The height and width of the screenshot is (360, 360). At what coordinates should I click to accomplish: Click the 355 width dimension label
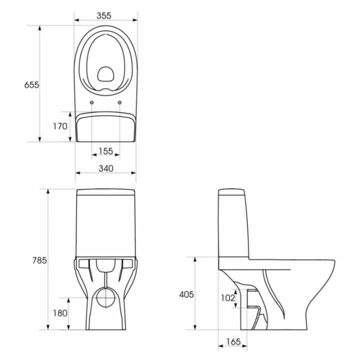[x=104, y=15]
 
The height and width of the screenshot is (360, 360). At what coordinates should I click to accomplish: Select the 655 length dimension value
[x=31, y=85]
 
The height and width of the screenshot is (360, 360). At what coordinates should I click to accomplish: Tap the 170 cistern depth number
[x=60, y=126]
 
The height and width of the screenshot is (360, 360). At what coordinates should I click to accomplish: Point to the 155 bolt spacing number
[x=106, y=151]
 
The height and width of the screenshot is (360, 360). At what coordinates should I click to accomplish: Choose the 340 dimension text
[x=106, y=168]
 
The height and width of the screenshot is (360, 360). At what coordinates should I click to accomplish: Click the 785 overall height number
[x=39, y=260]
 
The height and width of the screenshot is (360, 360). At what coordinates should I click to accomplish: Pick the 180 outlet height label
[x=60, y=313]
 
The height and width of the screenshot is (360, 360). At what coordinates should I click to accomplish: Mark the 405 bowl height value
[x=186, y=294]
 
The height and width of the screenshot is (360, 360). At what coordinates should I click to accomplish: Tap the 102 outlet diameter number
[x=228, y=298]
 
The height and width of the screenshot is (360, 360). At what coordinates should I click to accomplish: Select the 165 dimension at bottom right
[x=233, y=341]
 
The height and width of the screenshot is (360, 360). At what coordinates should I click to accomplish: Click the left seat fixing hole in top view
[x=92, y=102]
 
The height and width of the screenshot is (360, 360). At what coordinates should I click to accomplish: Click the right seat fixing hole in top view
[x=119, y=102]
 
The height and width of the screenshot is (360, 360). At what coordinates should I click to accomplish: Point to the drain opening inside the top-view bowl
[x=106, y=74]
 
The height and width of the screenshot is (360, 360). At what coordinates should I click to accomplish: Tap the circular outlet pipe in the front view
[x=106, y=297]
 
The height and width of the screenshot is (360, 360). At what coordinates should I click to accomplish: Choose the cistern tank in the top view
[x=106, y=126]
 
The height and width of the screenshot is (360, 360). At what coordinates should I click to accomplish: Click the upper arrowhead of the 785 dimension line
[x=48, y=191]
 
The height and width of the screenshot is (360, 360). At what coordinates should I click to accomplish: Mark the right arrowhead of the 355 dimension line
[x=134, y=20]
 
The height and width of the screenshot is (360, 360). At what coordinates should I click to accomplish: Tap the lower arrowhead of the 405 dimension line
[x=195, y=327]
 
